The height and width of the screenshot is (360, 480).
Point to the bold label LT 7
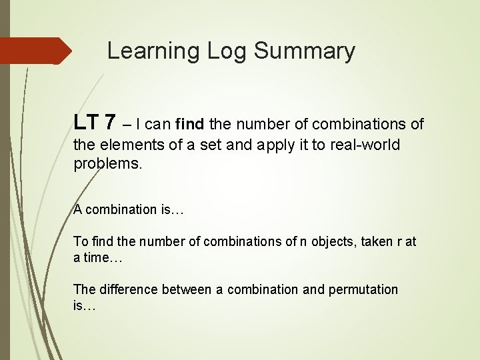pos(95,123)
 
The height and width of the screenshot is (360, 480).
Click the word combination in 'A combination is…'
pos(121,209)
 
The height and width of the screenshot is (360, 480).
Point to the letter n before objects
pos(303,241)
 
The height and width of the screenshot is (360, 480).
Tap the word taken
pos(375,241)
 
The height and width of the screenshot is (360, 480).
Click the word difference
pos(127,289)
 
